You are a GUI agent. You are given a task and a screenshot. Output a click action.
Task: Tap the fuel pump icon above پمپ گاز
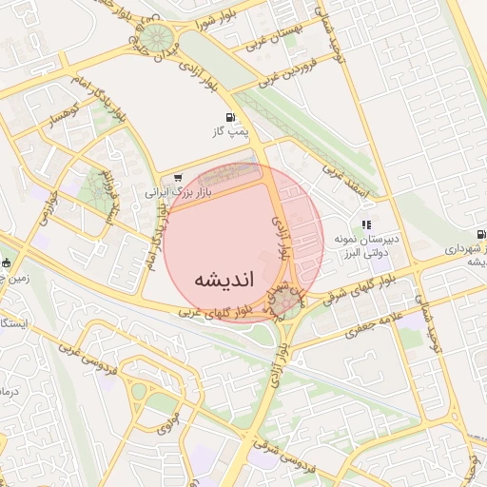coord(229,118)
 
